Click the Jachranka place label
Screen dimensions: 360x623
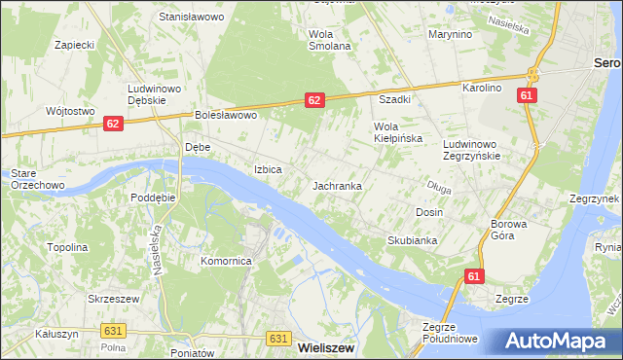coord(338,185)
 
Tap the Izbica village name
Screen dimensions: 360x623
coord(268,169)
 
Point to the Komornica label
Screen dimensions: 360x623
coord(227,262)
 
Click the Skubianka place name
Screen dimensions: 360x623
coord(413,240)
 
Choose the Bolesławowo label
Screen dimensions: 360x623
coord(225,116)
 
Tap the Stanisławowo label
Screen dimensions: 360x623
coord(192,18)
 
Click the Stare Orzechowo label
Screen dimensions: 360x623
coord(37,179)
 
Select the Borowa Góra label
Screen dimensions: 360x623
coord(508,230)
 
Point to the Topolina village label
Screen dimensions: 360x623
coord(67,247)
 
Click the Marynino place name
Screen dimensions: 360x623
coord(450,34)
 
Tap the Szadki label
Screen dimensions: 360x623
coord(394,99)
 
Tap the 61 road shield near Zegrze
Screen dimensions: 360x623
coord(473,277)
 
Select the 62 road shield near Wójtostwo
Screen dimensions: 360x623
coord(114,124)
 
